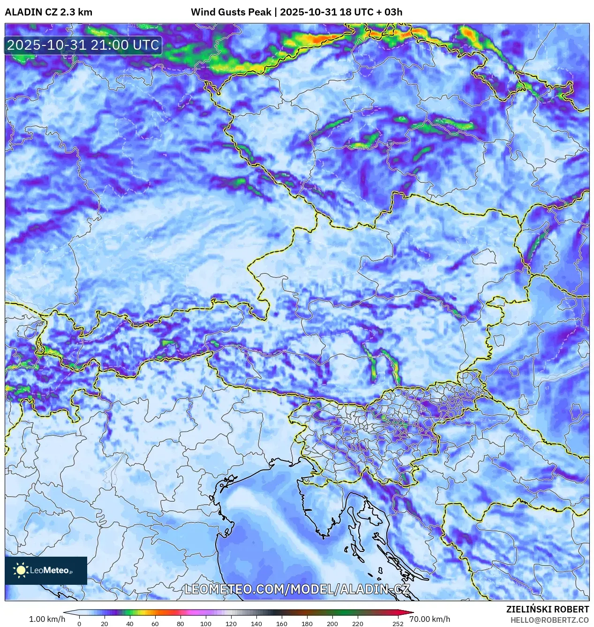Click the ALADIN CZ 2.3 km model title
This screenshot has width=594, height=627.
(48, 12)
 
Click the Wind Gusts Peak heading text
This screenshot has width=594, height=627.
(231, 12)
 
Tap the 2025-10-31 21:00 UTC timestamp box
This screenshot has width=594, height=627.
(83, 45)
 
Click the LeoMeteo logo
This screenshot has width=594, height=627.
(46, 570)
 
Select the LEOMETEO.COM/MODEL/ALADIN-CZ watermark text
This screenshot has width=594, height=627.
(297, 589)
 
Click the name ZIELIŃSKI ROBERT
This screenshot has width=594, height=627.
(547, 609)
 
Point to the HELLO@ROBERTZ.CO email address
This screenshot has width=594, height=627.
(549, 620)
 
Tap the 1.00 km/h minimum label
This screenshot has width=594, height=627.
(47, 619)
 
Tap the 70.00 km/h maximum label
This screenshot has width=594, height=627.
(429, 619)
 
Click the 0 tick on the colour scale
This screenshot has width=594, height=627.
(79, 624)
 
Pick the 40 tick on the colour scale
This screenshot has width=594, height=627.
(130, 624)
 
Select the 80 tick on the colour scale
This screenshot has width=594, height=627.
(180, 624)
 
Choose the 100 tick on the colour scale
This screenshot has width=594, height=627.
(206, 624)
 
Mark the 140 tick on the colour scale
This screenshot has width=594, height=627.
(256, 624)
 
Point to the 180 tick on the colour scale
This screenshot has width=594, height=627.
(307, 624)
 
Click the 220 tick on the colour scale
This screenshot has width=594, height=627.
(358, 624)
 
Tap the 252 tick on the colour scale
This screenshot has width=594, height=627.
(398, 624)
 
